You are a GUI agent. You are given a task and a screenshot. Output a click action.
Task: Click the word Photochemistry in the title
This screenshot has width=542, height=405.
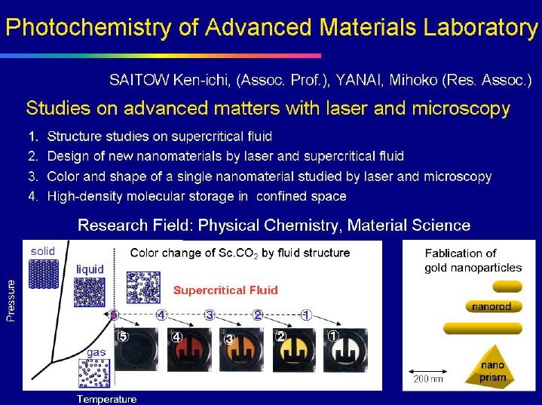coord(88,28)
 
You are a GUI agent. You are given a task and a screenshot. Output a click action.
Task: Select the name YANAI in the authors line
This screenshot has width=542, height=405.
coord(359,80)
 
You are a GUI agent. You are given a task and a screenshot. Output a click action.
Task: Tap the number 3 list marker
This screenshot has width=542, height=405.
coord(33,176)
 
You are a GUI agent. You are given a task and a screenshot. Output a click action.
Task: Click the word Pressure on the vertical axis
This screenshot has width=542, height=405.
coord(11,301)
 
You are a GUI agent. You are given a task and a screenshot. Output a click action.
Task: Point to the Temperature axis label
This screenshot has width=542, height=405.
coord(107,399)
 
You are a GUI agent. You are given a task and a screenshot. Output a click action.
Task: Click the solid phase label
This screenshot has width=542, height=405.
coord(43,251)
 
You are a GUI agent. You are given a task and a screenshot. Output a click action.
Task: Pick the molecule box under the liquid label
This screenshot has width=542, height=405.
coord(90,293)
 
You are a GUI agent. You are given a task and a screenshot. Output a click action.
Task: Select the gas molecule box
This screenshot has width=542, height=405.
coord(94,373)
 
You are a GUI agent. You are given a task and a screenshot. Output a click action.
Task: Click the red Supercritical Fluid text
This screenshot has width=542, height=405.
coord(225,290)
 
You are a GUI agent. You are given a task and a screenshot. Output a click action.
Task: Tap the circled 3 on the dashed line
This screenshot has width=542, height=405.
coord(209,315)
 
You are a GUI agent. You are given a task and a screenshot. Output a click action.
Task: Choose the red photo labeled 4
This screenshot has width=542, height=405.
coord(189,350)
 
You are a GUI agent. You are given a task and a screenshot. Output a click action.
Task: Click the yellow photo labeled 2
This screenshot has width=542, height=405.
coord(294,350)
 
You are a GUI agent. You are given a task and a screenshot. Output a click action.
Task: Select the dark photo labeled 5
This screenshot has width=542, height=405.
coord(136,350)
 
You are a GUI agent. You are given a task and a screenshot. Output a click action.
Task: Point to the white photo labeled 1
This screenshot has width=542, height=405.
coord(345,350)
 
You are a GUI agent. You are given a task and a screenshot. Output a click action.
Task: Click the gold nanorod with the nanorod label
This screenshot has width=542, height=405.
coord(494,306)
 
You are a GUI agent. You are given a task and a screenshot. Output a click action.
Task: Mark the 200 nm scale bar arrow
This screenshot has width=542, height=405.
coord(428,372)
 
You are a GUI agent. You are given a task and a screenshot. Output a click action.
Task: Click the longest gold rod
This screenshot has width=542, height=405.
coord(483,328)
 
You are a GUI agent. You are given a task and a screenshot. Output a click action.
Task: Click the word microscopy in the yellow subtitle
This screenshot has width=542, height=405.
coord(461,109)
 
